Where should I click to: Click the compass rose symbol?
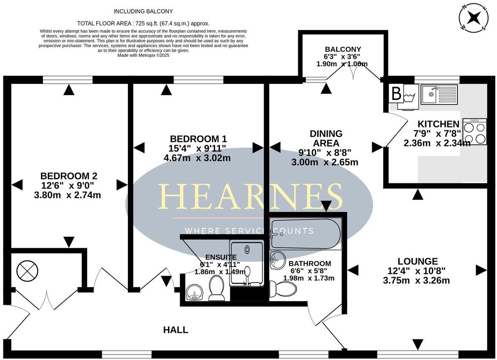click(474, 17)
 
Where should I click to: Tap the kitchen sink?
click(439, 94)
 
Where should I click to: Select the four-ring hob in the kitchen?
click(475, 132)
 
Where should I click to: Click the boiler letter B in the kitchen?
click(396, 94)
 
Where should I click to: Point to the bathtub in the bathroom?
click(305, 234)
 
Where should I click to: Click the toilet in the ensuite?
click(217, 288)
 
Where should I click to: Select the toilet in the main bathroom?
click(283, 289)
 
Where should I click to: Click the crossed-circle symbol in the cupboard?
click(27, 271)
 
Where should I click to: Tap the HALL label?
click(176, 330)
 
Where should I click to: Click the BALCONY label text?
click(343, 49)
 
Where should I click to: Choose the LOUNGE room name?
click(418, 261)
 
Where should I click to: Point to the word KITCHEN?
click(438, 124)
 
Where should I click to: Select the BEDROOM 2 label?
click(69, 176)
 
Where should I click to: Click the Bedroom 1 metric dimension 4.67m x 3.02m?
click(197, 158)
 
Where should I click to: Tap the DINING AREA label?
click(326, 138)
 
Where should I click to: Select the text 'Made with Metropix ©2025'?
click(143, 55)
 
